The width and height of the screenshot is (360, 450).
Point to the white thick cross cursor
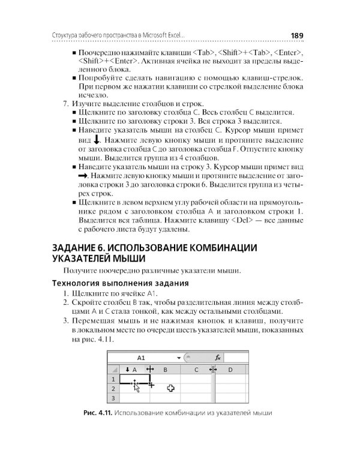coord(170,388)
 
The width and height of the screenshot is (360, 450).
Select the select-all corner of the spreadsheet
coord(113,370)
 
